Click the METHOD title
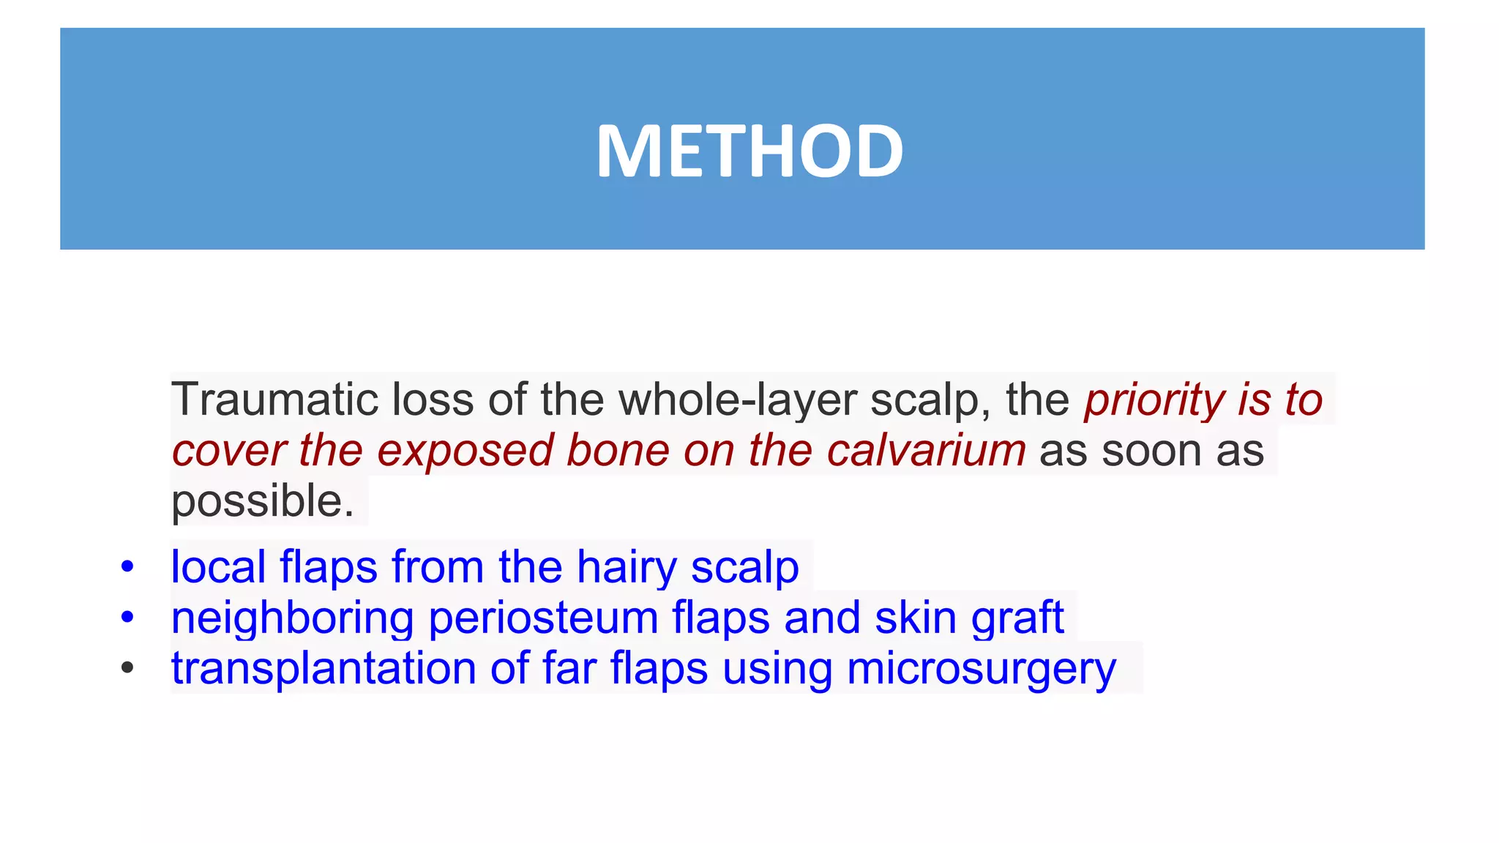[749, 151]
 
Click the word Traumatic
[273, 400]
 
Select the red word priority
[1154, 400]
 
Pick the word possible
[262, 501]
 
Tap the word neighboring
[292, 618]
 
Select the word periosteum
[543, 618]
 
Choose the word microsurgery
[981, 668]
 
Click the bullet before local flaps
[127, 567]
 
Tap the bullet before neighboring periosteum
[127, 618]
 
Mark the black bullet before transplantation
[127, 668]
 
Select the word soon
[1151, 450]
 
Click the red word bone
[618, 450]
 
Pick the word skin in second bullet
[916, 618]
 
